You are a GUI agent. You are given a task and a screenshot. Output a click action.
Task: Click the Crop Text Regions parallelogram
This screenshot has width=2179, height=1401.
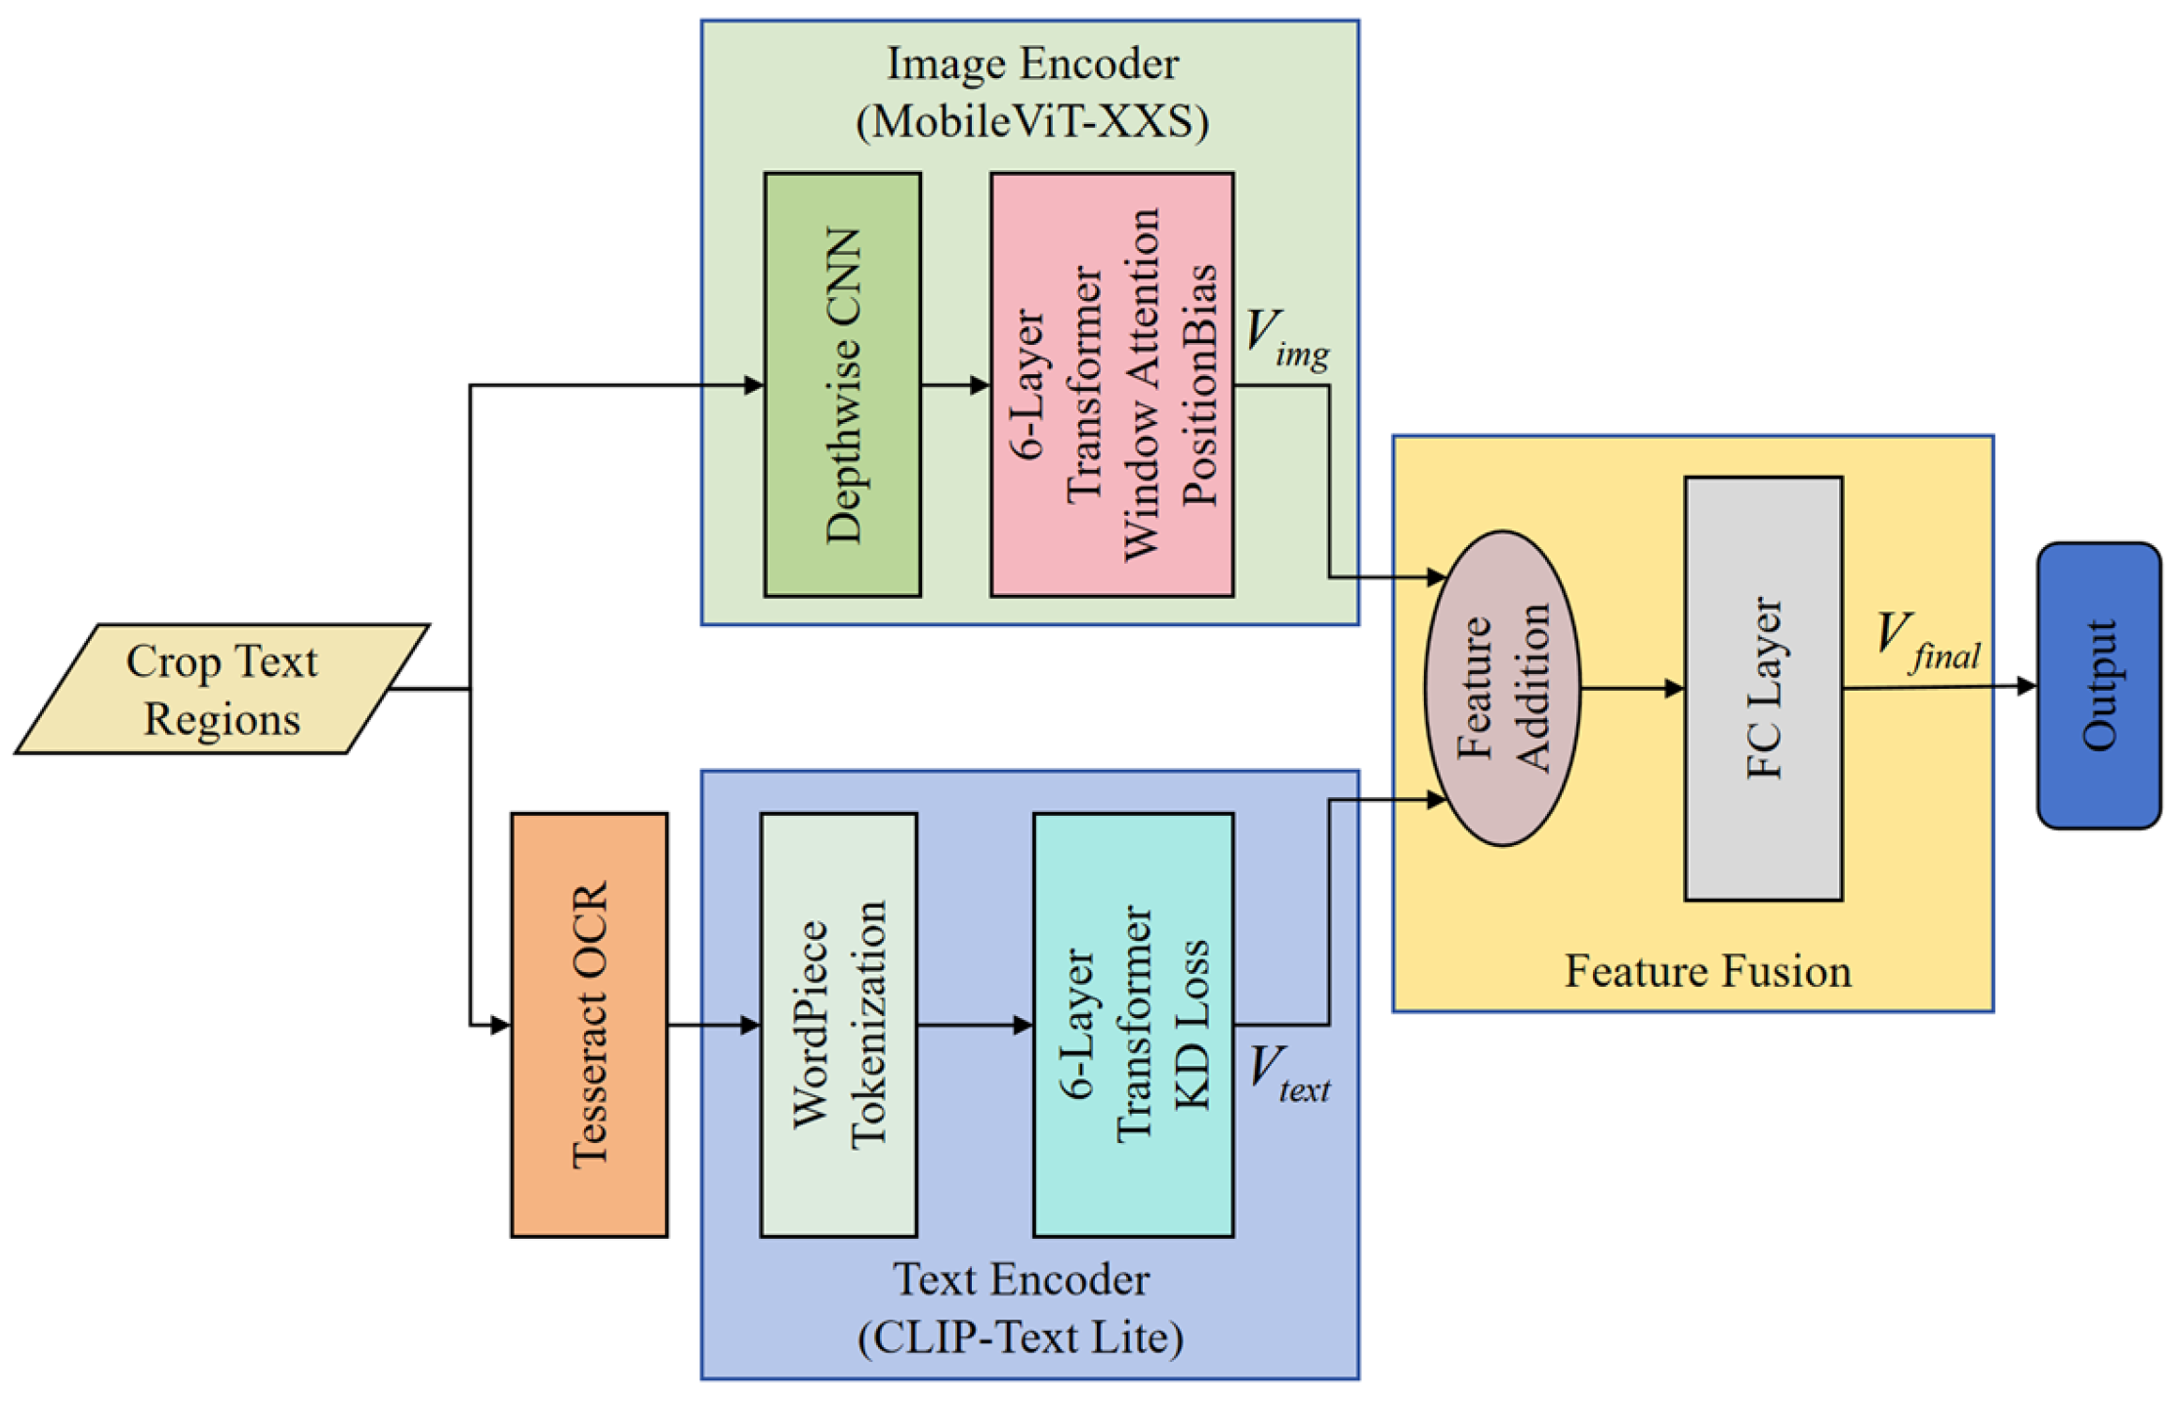click(222, 690)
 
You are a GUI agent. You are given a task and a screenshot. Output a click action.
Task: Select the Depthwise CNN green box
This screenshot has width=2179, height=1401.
click(842, 385)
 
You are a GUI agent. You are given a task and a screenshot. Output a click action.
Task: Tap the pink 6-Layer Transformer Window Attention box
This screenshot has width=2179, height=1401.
click(1111, 385)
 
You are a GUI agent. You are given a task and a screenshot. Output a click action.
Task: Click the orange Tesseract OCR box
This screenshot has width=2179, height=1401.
click(589, 1025)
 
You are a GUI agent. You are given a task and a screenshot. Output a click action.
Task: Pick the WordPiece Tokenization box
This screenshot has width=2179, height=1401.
click(838, 1025)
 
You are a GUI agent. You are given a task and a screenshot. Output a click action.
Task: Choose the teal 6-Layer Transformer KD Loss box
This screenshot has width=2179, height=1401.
click(1133, 1025)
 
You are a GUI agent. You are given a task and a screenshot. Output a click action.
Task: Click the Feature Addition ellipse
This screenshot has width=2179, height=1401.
click(1502, 689)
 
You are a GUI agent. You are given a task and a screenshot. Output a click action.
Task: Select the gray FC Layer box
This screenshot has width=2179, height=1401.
click(1763, 689)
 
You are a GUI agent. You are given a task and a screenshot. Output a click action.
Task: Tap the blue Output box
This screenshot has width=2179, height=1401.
click(2098, 686)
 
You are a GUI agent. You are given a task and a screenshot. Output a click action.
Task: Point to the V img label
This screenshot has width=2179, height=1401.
click(1285, 339)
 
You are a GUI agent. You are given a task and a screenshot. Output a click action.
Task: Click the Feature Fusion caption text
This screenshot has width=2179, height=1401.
click(1707, 971)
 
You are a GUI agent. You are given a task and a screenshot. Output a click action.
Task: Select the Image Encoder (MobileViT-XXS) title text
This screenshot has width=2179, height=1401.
click(1031, 93)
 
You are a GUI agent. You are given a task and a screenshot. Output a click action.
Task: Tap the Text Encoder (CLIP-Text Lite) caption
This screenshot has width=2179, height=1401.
click(1021, 1308)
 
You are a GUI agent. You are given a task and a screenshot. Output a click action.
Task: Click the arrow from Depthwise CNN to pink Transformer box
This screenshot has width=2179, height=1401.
click(955, 385)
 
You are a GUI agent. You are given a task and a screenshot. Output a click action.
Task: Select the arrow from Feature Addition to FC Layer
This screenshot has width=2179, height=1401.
click(1632, 689)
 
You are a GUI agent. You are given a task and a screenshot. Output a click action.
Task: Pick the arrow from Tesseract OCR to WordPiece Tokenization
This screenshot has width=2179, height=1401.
click(714, 1025)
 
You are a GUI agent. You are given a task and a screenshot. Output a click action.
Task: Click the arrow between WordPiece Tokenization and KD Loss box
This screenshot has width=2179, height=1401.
click(975, 1025)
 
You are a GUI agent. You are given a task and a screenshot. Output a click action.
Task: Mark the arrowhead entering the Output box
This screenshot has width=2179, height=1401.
click(2026, 687)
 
